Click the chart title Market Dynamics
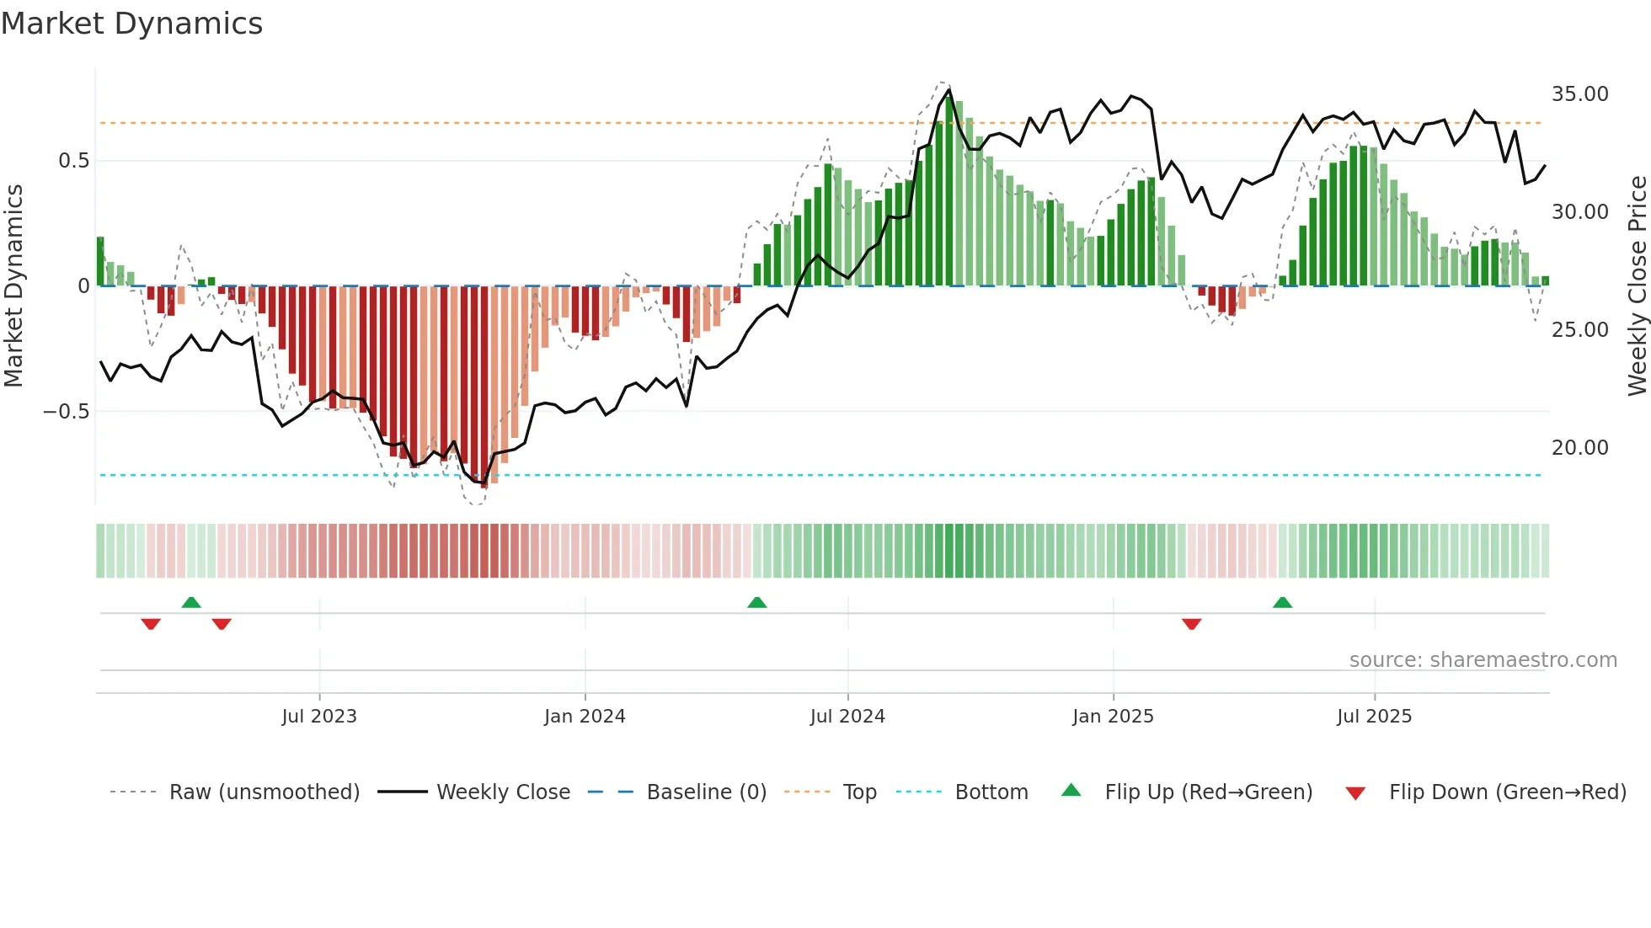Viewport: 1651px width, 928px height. click(132, 24)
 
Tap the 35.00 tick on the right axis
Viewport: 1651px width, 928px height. click(1579, 93)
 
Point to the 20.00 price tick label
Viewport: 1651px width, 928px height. click(1579, 447)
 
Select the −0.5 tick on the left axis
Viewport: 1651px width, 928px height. click(66, 411)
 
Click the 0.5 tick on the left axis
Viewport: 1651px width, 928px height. click(73, 160)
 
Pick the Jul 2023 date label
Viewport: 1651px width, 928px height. click(319, 716)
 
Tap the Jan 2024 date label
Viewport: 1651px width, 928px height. click(585, 716)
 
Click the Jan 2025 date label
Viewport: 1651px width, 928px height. click(1113, 716)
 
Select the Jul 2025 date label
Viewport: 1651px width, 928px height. click(1374, 716)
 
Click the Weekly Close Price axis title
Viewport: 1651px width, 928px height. click(1636, 285)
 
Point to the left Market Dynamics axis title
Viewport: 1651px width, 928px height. click(13, 285)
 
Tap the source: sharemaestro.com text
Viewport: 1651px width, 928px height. click(1483, 659)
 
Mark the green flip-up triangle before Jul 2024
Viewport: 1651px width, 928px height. click(756, 602)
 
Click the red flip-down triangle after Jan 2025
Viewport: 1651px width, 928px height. click(1191, 624)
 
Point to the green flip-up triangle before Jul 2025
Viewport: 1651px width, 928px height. click(1282, 602)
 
